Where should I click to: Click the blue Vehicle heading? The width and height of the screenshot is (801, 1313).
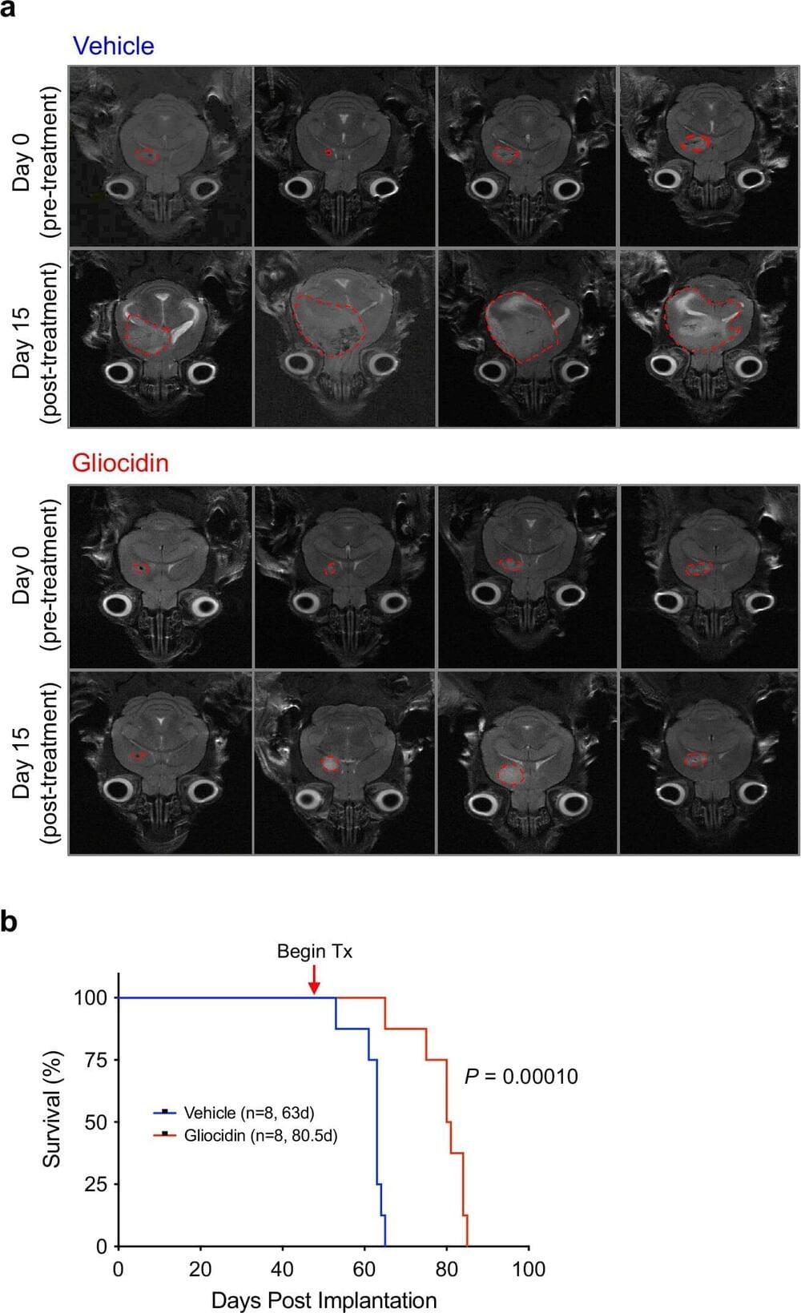(113, 46)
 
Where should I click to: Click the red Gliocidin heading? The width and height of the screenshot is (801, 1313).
(120, 463)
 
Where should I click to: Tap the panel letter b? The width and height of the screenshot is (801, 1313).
(9, 921)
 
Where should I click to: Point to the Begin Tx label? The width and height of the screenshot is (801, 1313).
(314, 952)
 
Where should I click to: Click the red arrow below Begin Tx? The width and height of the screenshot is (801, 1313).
(314, 980)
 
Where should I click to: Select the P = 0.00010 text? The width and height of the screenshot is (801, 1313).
(521, 1077)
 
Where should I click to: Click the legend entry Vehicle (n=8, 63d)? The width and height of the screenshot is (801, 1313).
(248, 1113)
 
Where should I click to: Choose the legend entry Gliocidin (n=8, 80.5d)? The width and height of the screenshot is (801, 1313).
(260, 1135)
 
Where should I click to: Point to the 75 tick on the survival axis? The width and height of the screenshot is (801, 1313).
(95, 1060)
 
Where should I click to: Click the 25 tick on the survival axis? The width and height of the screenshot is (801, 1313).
(95, 1184)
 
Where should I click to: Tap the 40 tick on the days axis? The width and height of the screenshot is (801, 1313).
(283, 1269)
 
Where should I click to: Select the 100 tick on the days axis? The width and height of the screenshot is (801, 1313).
(529, 1269)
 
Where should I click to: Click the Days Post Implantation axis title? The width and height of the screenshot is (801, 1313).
(324, 1299)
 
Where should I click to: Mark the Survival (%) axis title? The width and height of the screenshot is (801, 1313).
(51, 1109)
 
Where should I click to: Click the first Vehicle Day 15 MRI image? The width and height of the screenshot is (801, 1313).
(161, 338)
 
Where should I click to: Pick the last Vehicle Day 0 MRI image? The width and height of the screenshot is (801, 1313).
(708, 156)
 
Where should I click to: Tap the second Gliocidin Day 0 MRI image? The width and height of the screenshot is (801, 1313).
(344, 576)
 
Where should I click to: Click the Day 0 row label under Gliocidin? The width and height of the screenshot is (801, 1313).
(36, 575)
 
